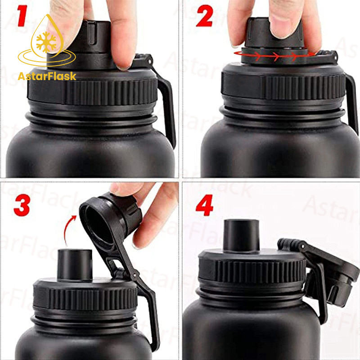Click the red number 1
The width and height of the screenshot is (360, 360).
pos(22,16)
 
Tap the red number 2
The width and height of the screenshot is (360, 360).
pos(205,16)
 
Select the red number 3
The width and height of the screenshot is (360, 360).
pos(22,205)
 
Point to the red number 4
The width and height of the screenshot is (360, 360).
pos(204,205)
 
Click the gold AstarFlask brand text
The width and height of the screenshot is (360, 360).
pos(47,76)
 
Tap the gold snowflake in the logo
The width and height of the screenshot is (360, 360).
pos(46,42)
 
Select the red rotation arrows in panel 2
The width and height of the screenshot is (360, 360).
pos(275,55)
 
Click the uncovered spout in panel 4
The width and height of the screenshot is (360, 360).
pos(241,235)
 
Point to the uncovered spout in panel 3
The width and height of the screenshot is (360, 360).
pos(75,265)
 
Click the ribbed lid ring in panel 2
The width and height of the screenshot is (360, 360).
pos(283,86)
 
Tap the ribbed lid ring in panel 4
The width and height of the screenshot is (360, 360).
pos(252,271)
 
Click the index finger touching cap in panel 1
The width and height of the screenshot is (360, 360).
pos(122,35)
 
